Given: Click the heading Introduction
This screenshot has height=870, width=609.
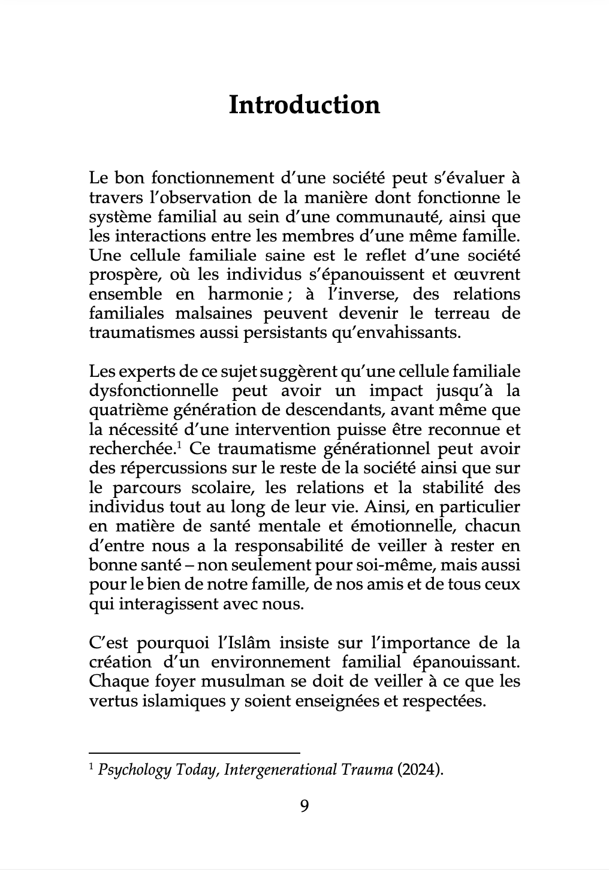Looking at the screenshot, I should click(304, 105).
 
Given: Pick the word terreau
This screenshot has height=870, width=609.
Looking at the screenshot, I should click(459, 313).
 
